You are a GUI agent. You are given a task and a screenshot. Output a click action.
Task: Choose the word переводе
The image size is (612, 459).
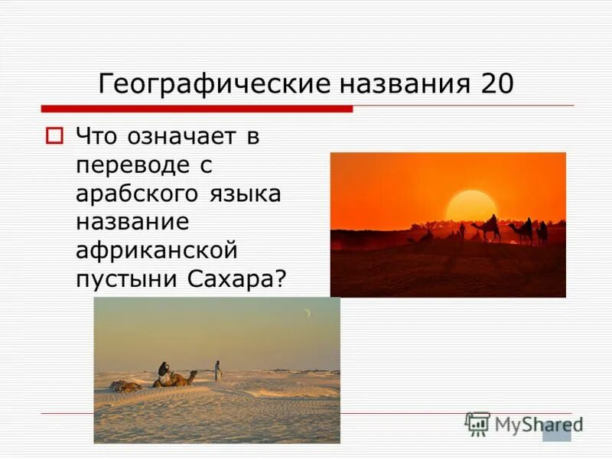[x=130, y=166]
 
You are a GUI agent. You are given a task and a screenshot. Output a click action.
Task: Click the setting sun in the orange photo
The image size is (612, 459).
[x=470, y=205]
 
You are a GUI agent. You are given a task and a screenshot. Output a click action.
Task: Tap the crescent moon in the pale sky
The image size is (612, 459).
[x=307, y=313]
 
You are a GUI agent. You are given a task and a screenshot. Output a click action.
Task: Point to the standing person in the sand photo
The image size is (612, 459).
[x=217, y=369]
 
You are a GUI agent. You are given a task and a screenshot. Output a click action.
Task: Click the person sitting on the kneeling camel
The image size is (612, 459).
[x=164, y=369]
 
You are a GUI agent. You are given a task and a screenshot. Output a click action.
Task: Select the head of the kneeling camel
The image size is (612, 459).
[x=193, y=373]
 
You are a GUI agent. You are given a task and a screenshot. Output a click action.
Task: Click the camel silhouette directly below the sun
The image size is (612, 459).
[x=487, y=228]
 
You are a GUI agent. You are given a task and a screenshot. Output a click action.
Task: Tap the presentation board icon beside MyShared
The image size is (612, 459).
[x=477, y=423]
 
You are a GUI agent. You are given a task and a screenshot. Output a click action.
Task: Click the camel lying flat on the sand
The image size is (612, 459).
[x=126, y=386]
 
